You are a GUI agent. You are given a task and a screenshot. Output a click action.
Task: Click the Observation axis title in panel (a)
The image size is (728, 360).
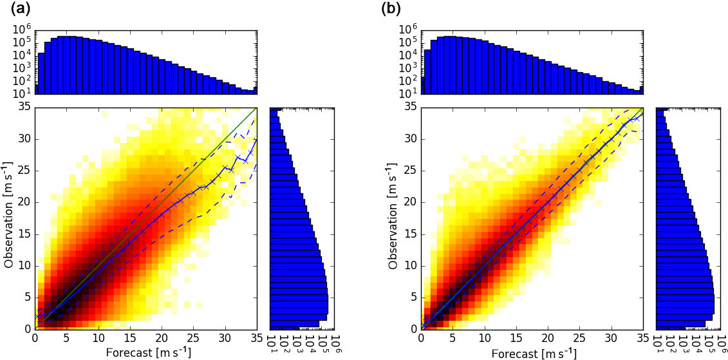(9, 218)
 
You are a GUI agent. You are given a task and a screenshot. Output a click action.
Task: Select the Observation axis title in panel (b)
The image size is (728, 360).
(395, 218)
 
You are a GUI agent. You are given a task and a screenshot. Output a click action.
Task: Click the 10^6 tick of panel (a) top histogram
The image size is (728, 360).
(22, 30)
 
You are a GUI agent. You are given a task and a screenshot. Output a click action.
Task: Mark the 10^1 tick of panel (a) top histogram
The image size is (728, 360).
(22, 93)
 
